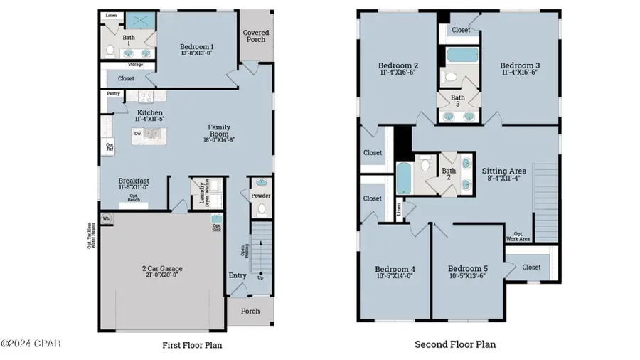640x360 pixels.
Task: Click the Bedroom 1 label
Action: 197,48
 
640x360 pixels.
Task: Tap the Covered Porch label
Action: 256,36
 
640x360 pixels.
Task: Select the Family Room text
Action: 219,128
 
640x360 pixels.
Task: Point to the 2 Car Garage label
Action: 162,269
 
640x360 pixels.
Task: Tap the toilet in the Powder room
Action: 260,209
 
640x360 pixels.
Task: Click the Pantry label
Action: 113,93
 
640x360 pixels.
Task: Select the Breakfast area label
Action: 134,181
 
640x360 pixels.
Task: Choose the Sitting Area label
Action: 504,171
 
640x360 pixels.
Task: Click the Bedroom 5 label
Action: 466,269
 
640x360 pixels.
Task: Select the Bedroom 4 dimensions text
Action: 395,276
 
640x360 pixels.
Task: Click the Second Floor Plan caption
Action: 455,345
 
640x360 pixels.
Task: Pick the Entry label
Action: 238,275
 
